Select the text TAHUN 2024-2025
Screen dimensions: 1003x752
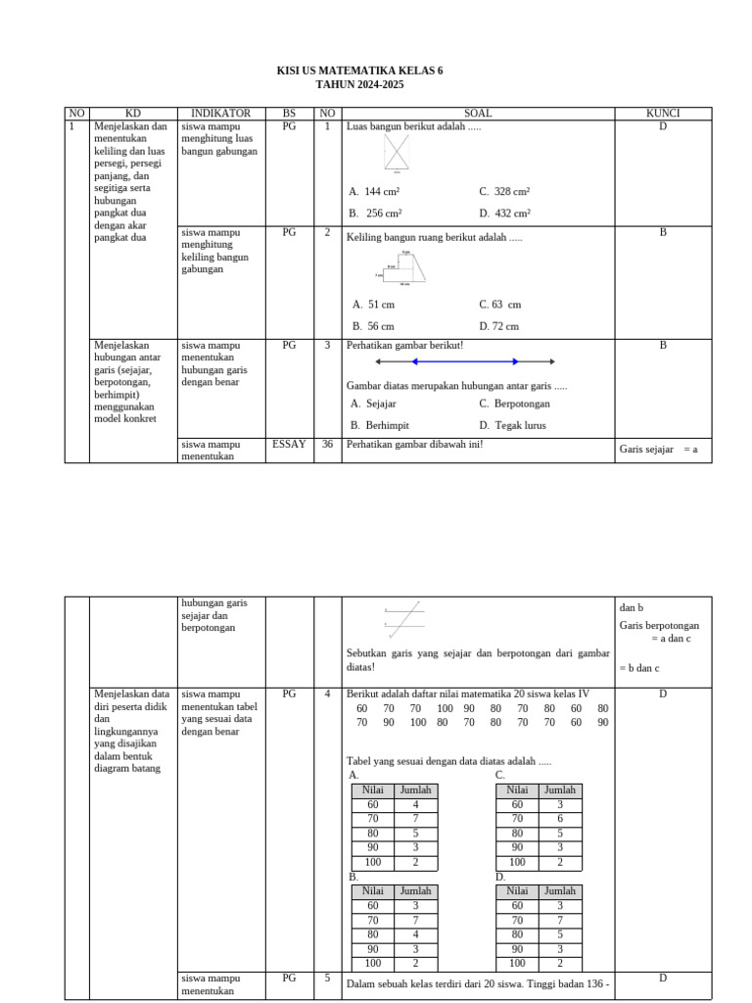click(x=359, y=85)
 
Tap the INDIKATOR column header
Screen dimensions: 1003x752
click(x=220, y=114)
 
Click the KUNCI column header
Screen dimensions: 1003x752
click(x=662, y=114)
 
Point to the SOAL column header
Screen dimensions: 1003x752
click(x=478, y=114)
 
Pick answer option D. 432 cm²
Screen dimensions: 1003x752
click(x=505, y=213)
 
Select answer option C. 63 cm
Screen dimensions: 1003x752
click(x=499, y=305)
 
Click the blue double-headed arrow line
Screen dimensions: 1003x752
click(x=465, y=361)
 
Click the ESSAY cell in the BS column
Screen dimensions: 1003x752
click(x=289, y=445)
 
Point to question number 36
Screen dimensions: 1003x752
click(x=328, y=445)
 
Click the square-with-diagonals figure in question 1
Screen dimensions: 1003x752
click(x=397, y=153)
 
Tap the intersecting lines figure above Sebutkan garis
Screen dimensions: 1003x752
click(x=405, y=619)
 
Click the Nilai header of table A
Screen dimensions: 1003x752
click(x=372, y=789)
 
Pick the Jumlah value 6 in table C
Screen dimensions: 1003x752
click(x=559, y=819)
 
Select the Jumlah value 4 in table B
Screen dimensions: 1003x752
click(x=415, y=934)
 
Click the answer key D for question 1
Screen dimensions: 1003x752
click(x=662, y=126)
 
